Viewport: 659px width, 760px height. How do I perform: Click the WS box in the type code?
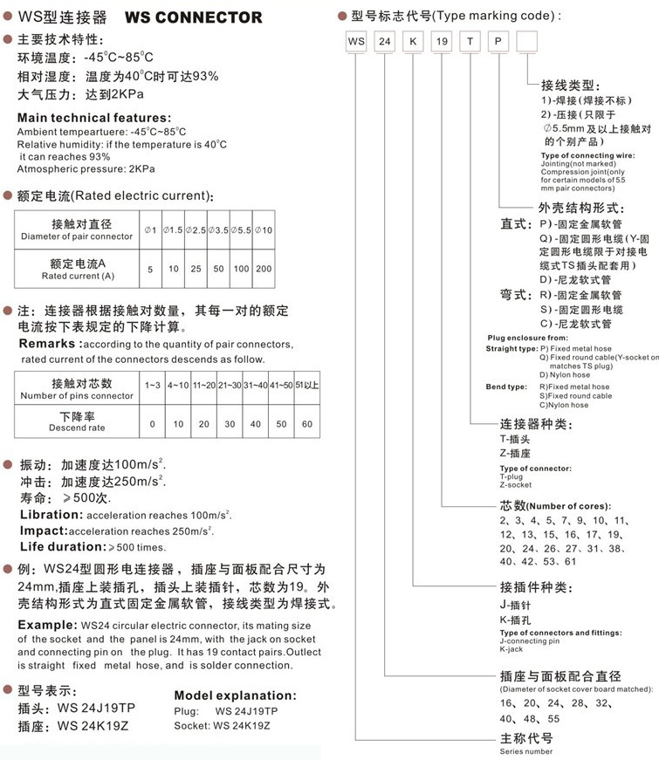(x=355, y=40)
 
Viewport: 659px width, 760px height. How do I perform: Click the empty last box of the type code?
(x=527, y=40)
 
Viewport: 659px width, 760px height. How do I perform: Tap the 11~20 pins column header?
(x=203, y=385)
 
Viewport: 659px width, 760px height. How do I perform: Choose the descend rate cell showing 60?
(x=305, y=424)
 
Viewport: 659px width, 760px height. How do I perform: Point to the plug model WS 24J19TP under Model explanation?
(x=246, y=711)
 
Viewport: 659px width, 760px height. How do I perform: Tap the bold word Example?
(x=46, y=626)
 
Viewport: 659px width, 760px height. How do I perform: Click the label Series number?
(x=526, y=750)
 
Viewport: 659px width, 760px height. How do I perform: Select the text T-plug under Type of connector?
(x=513, y=477)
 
